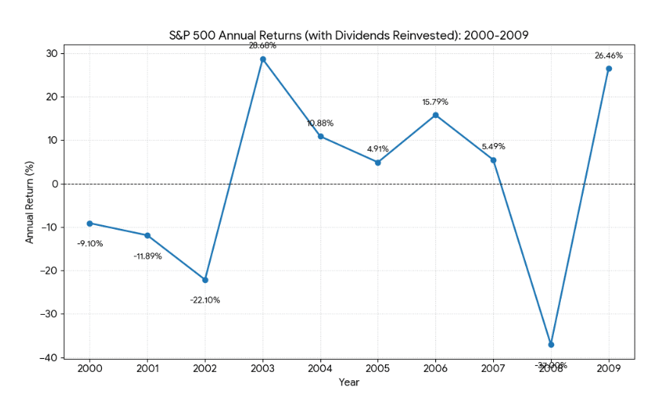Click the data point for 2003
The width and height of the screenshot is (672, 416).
[x=263, y=59]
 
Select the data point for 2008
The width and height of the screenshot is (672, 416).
[x=551, y=345]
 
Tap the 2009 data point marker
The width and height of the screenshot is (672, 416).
[x=609, y=68]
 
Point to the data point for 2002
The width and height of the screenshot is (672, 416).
[x=205, y=280]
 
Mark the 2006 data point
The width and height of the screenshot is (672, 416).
[x=435, y=115]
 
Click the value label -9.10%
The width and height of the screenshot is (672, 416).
[x=90, y=243]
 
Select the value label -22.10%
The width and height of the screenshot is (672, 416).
[x=205, y=300]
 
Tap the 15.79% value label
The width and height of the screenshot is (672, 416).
[x=435, y=102]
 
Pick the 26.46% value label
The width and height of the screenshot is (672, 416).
[x=609, y=56]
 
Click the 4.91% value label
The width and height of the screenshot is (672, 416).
[x=377, y=149]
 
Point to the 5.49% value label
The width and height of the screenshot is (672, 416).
[x=493, y=147]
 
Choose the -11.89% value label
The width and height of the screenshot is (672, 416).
[x=148, y=256]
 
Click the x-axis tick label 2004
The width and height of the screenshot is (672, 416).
[x=320, y=369]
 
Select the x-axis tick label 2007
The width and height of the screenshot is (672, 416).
[x=493, y=369]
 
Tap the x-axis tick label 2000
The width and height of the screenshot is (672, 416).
[x=90, y=369]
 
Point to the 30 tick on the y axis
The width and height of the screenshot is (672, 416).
[x=50, y=53]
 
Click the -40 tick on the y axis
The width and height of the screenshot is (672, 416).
[x=47, y=357]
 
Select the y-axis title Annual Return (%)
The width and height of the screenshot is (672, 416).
[x=30, y=202]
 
